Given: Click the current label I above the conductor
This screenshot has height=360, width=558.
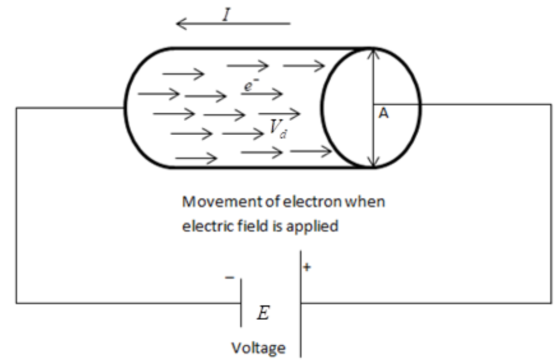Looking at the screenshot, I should coord(227,14).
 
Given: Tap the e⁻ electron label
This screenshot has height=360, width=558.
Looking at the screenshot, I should coord(250,86).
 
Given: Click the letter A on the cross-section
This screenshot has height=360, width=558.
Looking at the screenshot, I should coord(383,114).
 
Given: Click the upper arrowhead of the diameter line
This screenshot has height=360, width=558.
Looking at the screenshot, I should coord(373,54).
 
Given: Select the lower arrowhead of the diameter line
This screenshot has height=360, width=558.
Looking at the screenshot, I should coord(373,163).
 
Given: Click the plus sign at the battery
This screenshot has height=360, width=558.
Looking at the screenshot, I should coord(307,267).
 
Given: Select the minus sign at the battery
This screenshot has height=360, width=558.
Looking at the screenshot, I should coord(229,278).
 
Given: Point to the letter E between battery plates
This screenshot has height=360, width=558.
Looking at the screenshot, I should coord(263,313).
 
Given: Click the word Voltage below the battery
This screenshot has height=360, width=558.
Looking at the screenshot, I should coord(258,348).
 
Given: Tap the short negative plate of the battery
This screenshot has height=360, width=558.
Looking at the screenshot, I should coord(241,303).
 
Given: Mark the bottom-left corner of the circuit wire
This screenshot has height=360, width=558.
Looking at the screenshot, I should coord(16,303).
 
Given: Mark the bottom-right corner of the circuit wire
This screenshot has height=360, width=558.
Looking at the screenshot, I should coord(551,303).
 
